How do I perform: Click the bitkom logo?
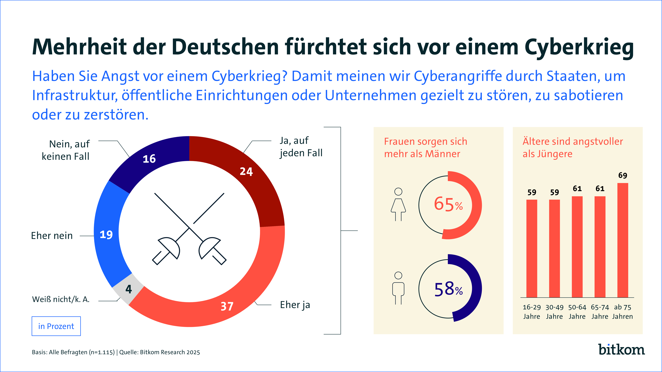pyautogui.click(x=621, y=350)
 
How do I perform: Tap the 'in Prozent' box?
pyautogui.click(x=56, y=326)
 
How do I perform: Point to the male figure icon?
pyautogui.click(x=398, y=288)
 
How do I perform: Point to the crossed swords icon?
pyautogui.click(x=189, y=229)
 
